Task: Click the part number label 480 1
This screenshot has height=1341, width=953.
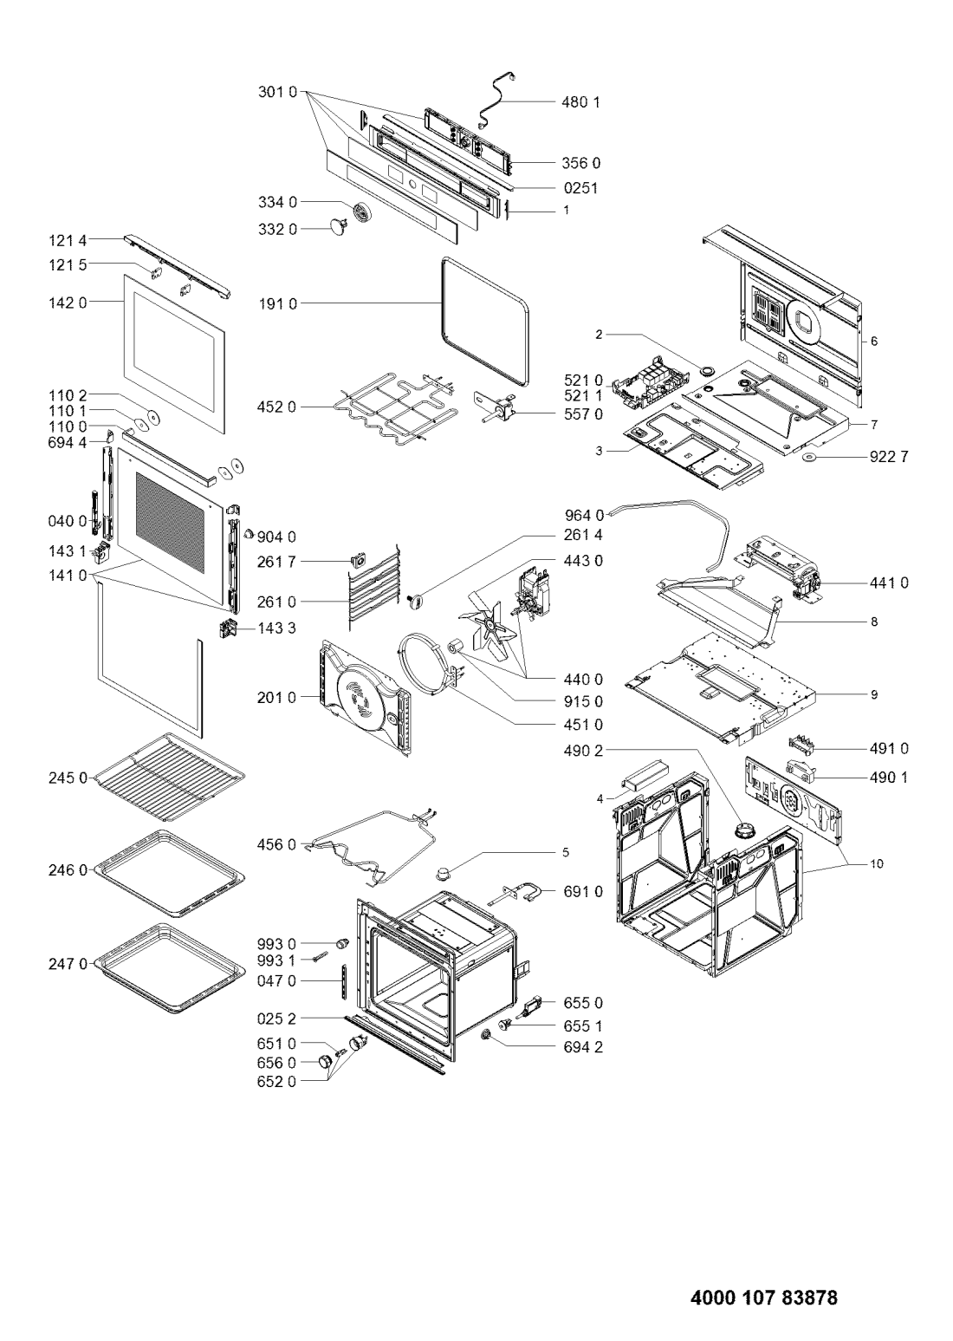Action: (580, 102)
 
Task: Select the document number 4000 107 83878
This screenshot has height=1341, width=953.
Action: (764, 1293)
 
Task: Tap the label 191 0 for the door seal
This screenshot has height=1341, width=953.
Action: (277, 304)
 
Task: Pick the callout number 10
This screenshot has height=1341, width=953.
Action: (877, 864)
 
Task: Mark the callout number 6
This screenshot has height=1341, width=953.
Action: (874, 342)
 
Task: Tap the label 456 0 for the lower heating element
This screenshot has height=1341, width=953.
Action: (277, 844)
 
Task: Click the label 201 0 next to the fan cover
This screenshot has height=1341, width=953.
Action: (277, 698)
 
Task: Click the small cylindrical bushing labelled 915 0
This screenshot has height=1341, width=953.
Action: (457, 648)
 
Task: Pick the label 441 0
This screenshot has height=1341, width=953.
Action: (889, 583)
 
